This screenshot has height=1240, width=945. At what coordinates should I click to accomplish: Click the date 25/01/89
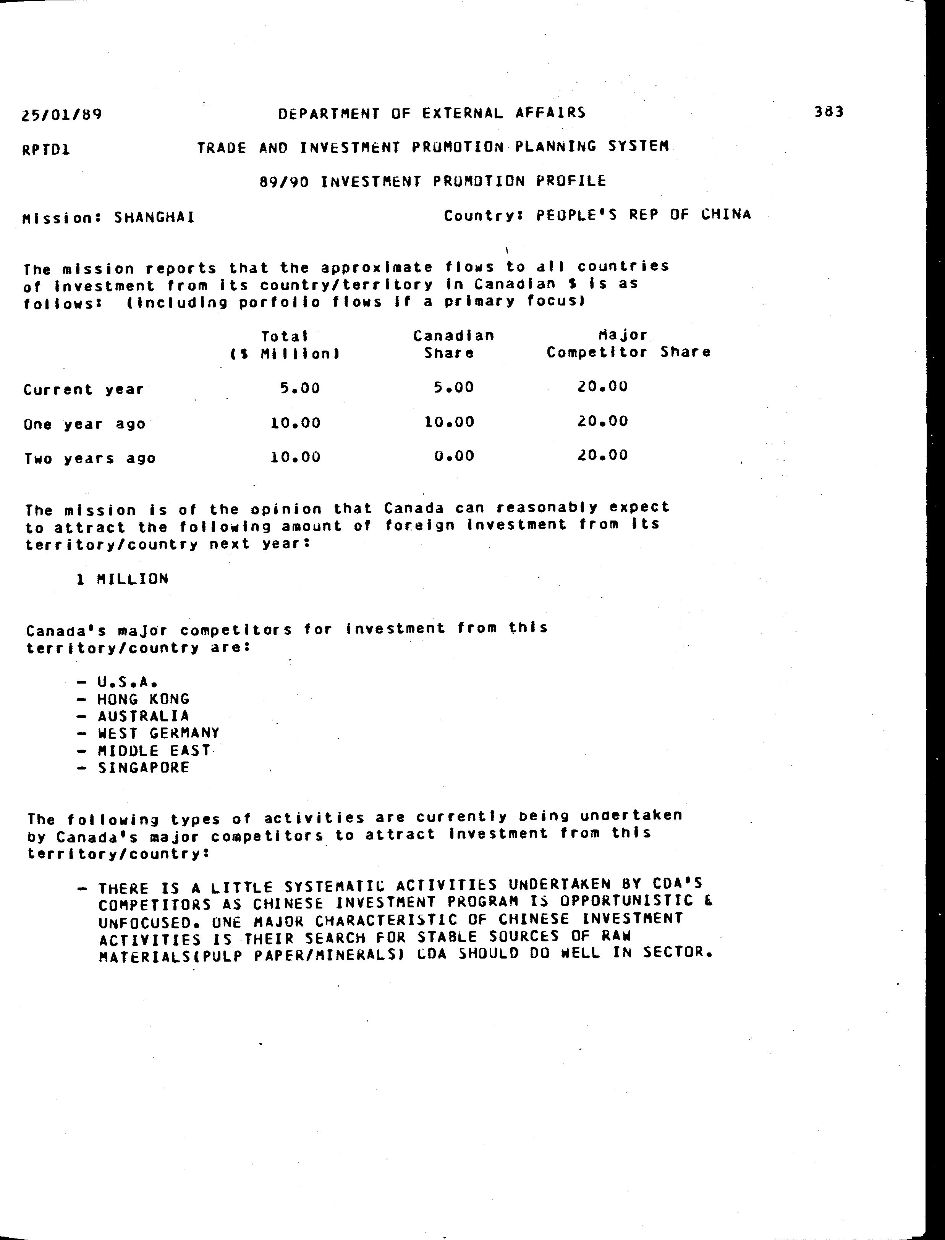click(x=62, y=115)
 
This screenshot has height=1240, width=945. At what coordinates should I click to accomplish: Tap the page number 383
click(x=828, y=112)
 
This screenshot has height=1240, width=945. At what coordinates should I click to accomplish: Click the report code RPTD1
click(x=46, y=150)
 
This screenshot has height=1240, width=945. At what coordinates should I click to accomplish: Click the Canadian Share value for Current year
click(x=453, y=388)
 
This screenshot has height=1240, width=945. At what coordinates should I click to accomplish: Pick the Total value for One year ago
click(x=295, y=423)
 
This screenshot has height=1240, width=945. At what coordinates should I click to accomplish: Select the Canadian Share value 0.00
click(x=454, y=456)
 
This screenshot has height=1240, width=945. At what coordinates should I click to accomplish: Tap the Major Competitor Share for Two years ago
click(x=602, y=455)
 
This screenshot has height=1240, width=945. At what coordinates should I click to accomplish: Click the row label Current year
click(x=84, y=390)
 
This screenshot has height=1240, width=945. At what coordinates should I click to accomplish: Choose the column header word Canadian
click(x=453, y=336)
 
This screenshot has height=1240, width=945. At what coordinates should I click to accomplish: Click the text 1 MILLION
click(x=123, y=579)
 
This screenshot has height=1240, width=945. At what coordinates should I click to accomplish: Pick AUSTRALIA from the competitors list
click(x=144, y=716)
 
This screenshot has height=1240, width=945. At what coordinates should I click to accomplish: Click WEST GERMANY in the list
click(x=159, y=733)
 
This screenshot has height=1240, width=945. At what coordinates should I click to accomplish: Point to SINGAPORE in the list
click(x=144, y=768)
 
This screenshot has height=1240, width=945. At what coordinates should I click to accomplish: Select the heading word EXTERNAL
click(x=462, y=113)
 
